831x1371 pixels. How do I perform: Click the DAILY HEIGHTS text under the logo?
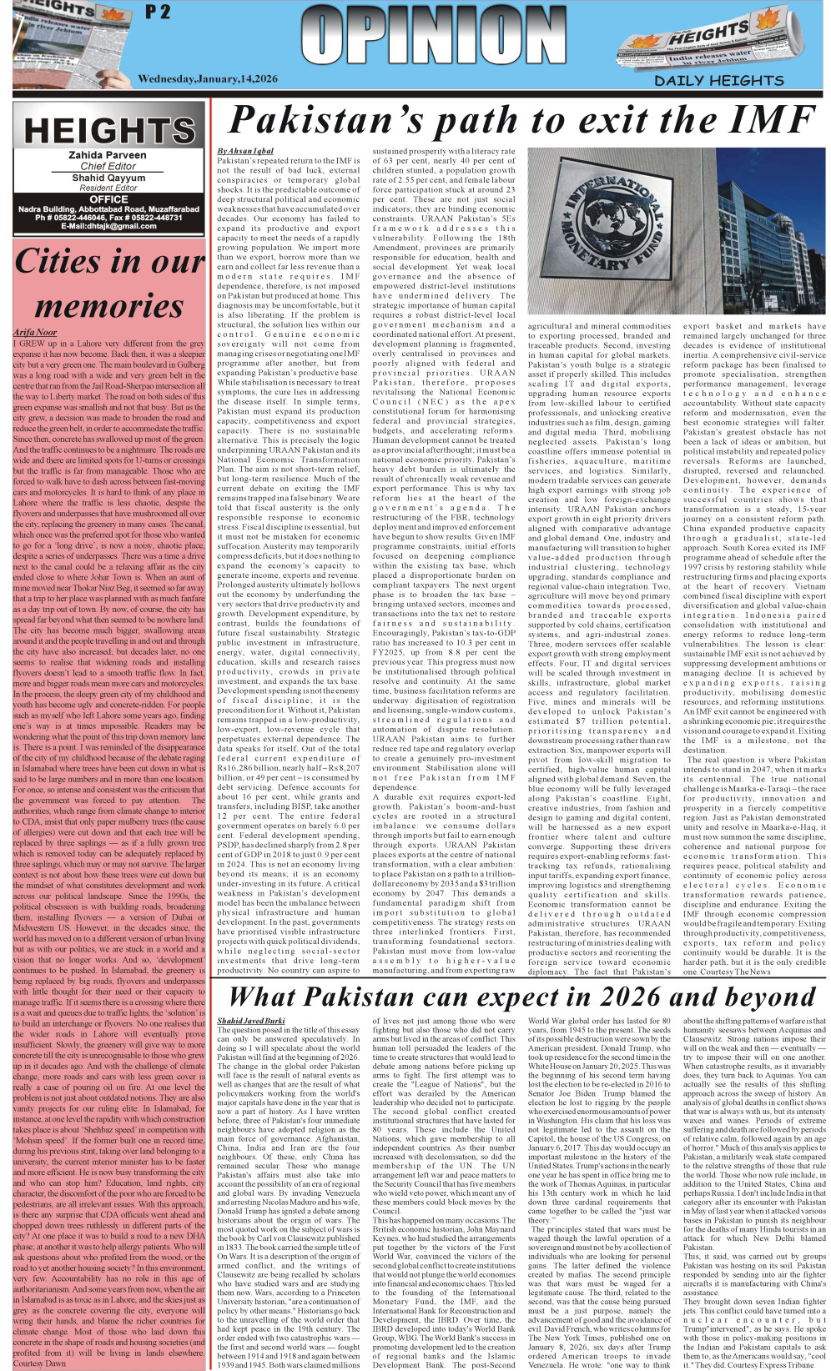coord(718,80)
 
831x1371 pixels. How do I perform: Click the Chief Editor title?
coord(108,166)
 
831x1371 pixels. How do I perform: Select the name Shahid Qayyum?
coord(108,178)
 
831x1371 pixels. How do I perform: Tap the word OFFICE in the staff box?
coord(108,199)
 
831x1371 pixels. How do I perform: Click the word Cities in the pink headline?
coord(63,261)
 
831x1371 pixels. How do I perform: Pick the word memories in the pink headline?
coord(108,306)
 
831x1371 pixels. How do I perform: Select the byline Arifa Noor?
coord(35,332)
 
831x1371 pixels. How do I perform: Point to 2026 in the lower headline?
coord(610,997)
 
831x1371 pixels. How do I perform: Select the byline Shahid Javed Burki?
coord(250,1021)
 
